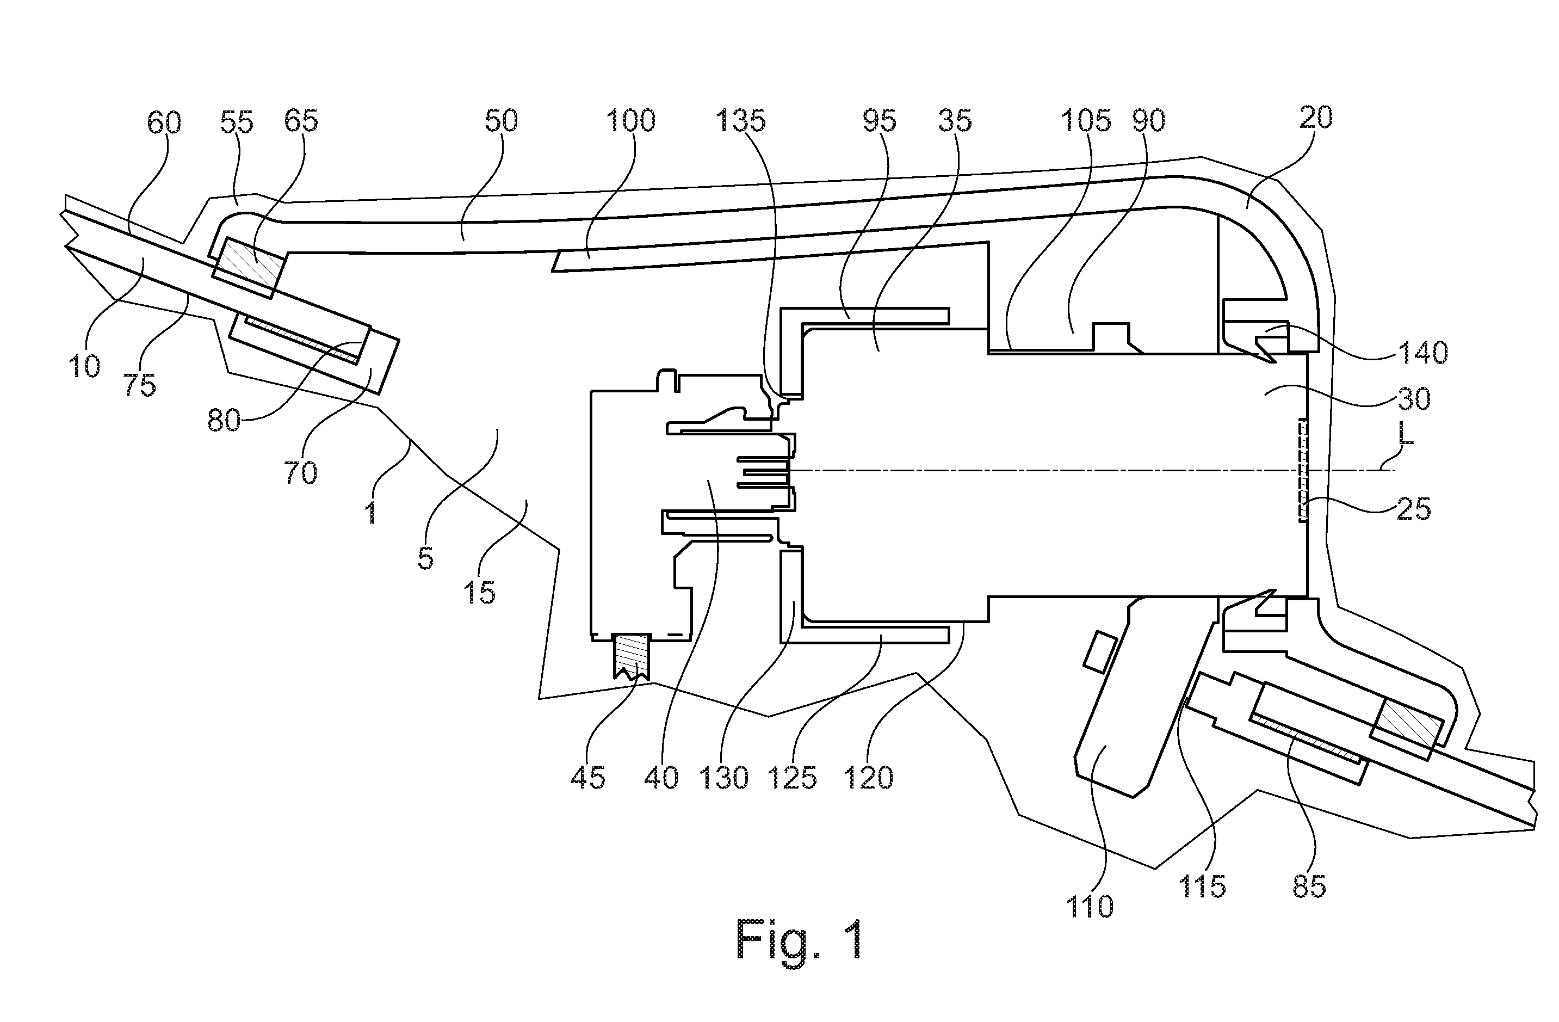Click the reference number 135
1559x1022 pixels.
click(x=741, y=121)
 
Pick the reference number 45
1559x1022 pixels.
click(x=587, y=778)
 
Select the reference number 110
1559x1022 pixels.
click(x=1090, y=907)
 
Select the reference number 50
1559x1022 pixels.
click(x=501, y=121)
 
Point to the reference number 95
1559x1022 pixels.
click(x=879, y=121)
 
